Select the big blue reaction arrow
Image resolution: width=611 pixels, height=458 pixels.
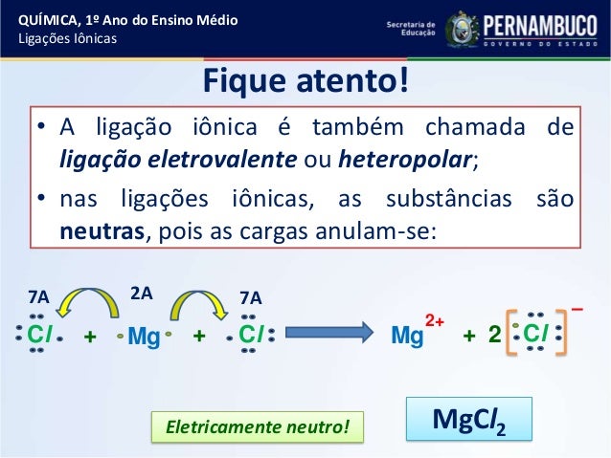pos(324,336)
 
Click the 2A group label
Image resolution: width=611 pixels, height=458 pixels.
pos(141,294)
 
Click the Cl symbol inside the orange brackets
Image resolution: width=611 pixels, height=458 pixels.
pos(535,336)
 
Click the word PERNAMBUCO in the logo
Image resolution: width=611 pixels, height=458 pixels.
pos(540,24)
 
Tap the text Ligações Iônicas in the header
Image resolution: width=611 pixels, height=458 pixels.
pos(63,38)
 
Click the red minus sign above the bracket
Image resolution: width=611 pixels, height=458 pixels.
pos(577,308)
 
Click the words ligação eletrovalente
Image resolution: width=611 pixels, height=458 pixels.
pos(190,160)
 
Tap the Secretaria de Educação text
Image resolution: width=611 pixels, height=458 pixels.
pos(409,28)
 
